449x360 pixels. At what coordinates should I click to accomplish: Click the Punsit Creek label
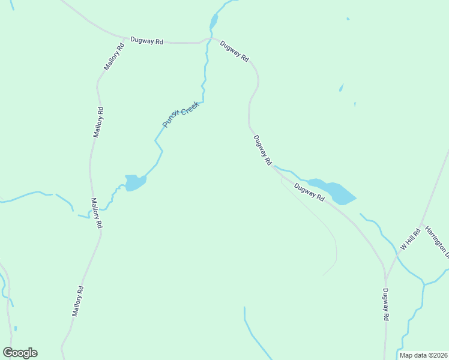pyautogui.click(x=181, y=113)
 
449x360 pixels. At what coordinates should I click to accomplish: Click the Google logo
pyautogui.click(x=20, y=352)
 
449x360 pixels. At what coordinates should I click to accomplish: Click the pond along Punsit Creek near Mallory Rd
pyautogui.click(x=134, y=182)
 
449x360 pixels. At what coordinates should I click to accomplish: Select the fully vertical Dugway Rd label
pyautogui.click(x=386, y=305)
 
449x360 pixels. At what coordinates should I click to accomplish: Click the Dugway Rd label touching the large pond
pyautogui.click(x=309, y=193)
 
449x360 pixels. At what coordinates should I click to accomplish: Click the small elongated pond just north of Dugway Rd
pyautogui.click(x=213, y=22)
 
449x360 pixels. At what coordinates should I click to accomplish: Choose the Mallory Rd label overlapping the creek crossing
pyautogui.click(x=97, y=213)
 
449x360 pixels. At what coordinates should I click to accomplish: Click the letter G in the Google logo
pyautogui.click(x=8, y=352)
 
